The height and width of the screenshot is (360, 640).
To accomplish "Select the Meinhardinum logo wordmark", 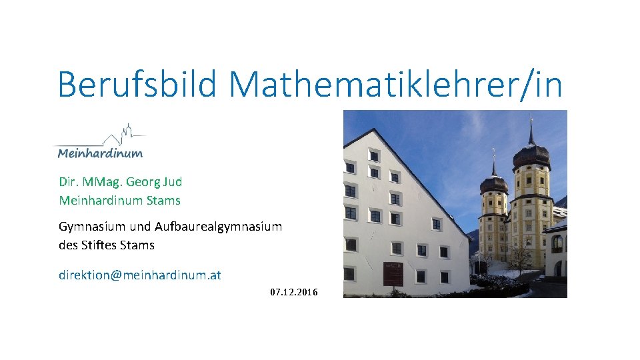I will [x=100, y=153].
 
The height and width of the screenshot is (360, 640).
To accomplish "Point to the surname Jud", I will [x=173, y=182].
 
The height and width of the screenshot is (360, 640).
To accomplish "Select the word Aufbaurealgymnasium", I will [x=218, y=227].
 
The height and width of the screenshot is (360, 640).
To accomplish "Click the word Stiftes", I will [x=99, y=245].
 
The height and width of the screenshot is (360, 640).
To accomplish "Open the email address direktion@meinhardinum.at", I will [x=140, y=275].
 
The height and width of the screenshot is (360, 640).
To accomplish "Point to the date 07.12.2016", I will [x=294, y=292].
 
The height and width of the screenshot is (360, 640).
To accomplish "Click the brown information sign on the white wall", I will [x=393, y=273].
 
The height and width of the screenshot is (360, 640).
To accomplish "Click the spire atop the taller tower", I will [x=531, y=130].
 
